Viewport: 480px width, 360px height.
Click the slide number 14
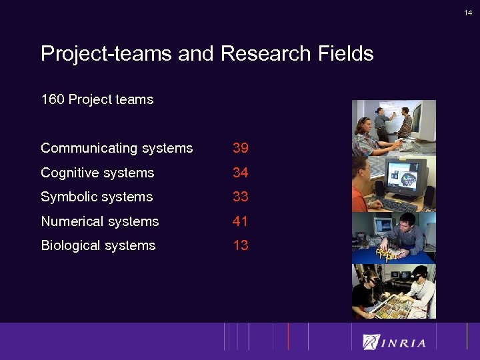pyautogui.click(x=468, y=12)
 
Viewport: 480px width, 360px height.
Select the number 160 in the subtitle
pyautogui.click(x=53, y=100)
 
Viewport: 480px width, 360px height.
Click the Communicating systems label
pyautogui.click(x=117, y=148)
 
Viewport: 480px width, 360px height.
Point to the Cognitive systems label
pyautogui.click(x=97, y=173)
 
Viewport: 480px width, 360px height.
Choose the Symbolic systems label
pyautogui.click(x=97, y=197)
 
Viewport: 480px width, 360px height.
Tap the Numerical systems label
pyautogui.click(x=100, y=221)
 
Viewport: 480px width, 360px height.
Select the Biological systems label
pyautogui.click(x=98, y=245)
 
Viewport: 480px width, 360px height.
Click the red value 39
pyautogui.click(x=240, y=148)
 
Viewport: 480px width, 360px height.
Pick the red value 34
pyautogui.click(x=240, y=173)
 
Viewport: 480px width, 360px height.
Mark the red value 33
pyautogui.click(x=240, y=197)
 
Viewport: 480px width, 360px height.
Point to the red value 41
pyautogui.click(x=240, y=221)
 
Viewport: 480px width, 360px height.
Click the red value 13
pyautogui.click(x=240, y=245)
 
